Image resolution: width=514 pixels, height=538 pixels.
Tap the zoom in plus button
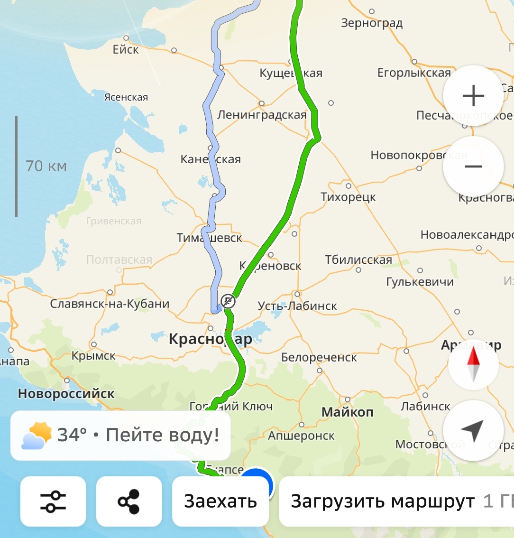pos(473,96)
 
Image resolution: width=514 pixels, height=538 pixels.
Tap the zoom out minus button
pos(473,167)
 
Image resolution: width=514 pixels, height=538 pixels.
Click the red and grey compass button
pos(473,364)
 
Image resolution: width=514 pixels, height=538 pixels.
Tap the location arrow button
pos(473,430)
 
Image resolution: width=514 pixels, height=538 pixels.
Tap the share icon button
pos(129,501)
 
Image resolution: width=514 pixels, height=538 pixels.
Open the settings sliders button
pos(53,501)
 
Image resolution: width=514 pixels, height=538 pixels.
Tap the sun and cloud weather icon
pos(37,435)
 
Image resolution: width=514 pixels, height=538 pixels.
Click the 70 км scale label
pos(46,166)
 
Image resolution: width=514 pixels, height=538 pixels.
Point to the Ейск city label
pos(126,49)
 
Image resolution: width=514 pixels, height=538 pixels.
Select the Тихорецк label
pos(348,197)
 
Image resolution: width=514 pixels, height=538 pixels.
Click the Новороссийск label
pos(66,393)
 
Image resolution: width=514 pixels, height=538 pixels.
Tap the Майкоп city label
pos(348,412)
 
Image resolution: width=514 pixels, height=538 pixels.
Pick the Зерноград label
pos(372,23)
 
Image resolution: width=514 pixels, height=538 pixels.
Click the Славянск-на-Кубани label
pos(110,304)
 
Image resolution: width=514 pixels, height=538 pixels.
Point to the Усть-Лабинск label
pos(297,306)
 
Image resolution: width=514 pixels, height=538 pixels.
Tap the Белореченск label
pos(319,357)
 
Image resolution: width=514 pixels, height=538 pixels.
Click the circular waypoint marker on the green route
pos(228,301)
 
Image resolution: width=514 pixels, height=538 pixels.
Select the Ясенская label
pos(126,97)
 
